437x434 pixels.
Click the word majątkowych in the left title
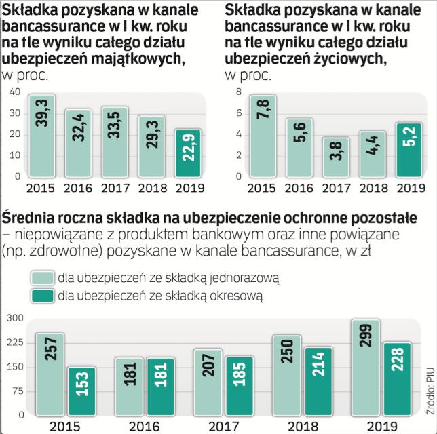142,59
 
